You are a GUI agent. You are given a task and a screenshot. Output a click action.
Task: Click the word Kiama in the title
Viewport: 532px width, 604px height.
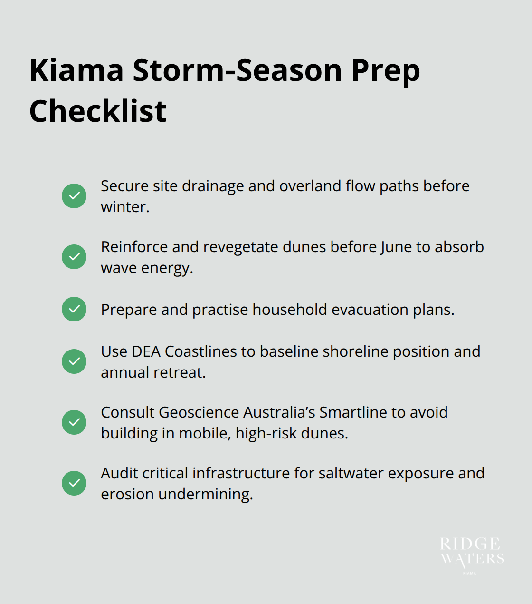tap(76, 70)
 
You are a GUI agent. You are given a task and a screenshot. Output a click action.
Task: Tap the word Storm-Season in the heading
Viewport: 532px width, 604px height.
tap(237, 70)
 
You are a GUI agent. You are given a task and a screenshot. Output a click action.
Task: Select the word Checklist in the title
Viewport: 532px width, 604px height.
tap(98, 111)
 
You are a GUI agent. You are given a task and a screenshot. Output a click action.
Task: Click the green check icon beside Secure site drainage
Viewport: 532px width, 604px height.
tap(74, 196)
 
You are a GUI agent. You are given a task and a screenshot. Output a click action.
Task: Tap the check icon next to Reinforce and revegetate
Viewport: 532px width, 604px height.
tap(74, 257)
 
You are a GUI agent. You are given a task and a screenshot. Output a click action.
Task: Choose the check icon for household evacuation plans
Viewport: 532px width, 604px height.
tap(74, 309)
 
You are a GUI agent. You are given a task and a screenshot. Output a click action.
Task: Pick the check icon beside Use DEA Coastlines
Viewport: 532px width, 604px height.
tap(74, 361)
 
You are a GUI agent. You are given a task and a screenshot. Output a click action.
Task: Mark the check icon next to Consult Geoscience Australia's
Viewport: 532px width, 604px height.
tap(74, 422)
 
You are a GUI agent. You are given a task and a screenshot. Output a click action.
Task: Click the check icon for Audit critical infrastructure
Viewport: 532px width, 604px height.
tap(74, 483)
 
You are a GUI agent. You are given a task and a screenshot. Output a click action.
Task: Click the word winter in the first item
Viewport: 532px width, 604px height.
tap(123, 207)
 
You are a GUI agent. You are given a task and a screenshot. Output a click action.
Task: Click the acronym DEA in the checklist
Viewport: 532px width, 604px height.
tap(146, 351)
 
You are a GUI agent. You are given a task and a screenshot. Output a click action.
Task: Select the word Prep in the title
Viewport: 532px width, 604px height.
tap(386, 70)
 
